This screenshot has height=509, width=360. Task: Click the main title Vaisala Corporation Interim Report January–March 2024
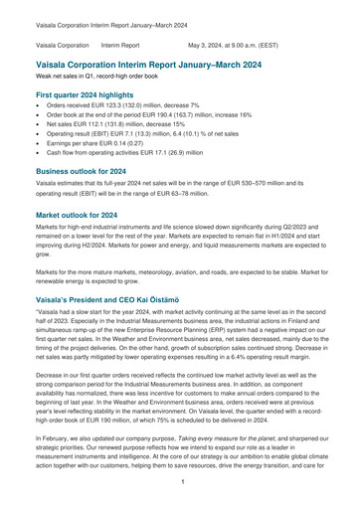169,62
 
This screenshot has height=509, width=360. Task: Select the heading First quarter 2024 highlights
93,94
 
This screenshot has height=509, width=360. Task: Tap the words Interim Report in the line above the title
120,46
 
